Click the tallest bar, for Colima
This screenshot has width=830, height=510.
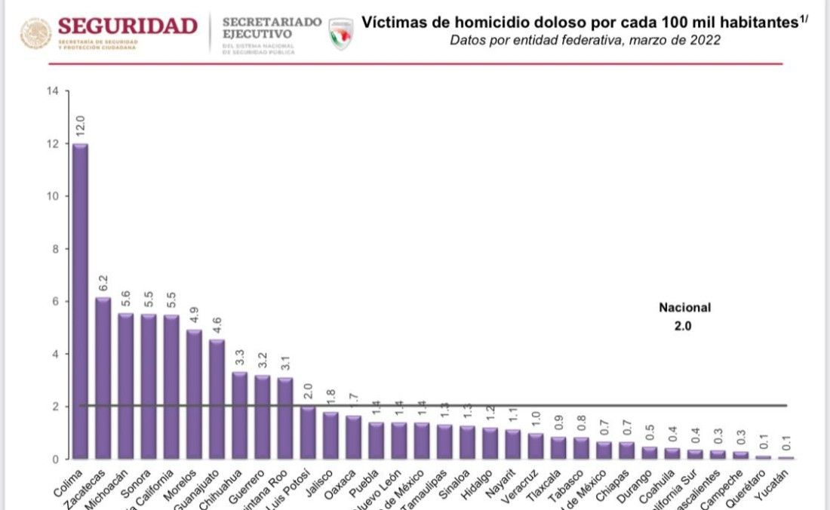click(x=81, y=302)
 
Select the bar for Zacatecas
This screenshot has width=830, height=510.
click(x=103, y=377)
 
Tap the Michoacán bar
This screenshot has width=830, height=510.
click(x=126, y=386)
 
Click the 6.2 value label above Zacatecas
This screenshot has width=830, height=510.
click(x=103, y=284)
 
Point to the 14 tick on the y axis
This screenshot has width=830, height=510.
click(x=52, y=91)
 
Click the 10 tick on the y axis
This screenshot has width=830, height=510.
click(x=52, y=196)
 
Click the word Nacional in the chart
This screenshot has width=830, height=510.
click(x=684, y=308)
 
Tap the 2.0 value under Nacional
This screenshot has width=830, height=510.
click(x=684, y=327)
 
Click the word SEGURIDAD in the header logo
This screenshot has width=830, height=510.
click(x=128, y=26)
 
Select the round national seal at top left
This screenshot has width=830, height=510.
click(x=36, y=34)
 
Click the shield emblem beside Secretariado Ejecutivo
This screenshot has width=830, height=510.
click(x=341, y=35)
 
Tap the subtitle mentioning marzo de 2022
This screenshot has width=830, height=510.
click(x=585, y=40)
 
